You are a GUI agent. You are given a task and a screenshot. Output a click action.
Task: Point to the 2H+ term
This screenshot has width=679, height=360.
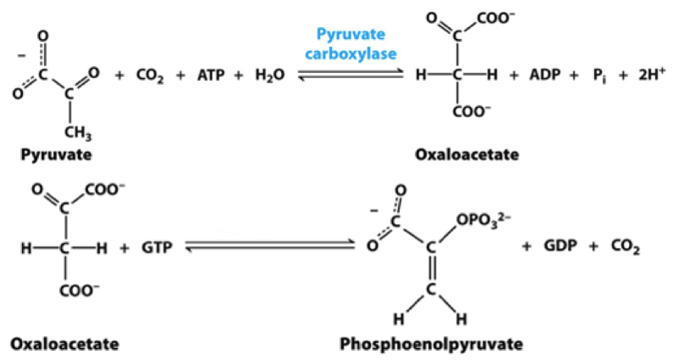(641, 76)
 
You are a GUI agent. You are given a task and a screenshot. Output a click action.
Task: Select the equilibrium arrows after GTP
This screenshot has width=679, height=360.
(269, 246)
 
